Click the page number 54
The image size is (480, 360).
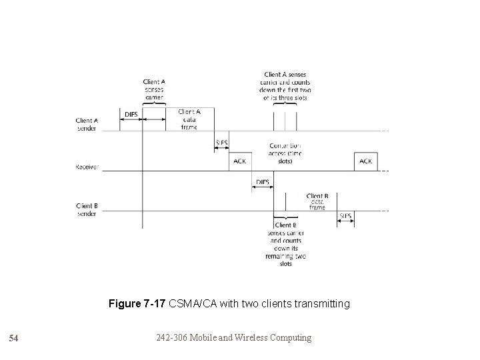[x=13, y=339]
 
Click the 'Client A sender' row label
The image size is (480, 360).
[x=87, y=124]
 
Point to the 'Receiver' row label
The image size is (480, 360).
[x=87, y=167]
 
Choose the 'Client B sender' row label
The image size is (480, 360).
[x=87, y=209]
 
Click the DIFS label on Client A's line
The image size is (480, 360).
[x=131, y=115]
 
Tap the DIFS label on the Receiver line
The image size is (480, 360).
[x=263, y=181]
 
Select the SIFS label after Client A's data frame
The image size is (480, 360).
[x=221, y=143]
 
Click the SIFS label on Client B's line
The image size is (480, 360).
[x=345, y=215]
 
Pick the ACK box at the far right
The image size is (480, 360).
[x=366, y=161]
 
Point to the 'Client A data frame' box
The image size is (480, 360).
[x=189, y=119]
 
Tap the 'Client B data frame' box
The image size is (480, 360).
[x=317, y=202]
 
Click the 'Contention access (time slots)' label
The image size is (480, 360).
[x=285, y=153]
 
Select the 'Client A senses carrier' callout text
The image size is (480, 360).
[x=154, y=89]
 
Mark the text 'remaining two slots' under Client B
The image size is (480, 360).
[x=285, y=259]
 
